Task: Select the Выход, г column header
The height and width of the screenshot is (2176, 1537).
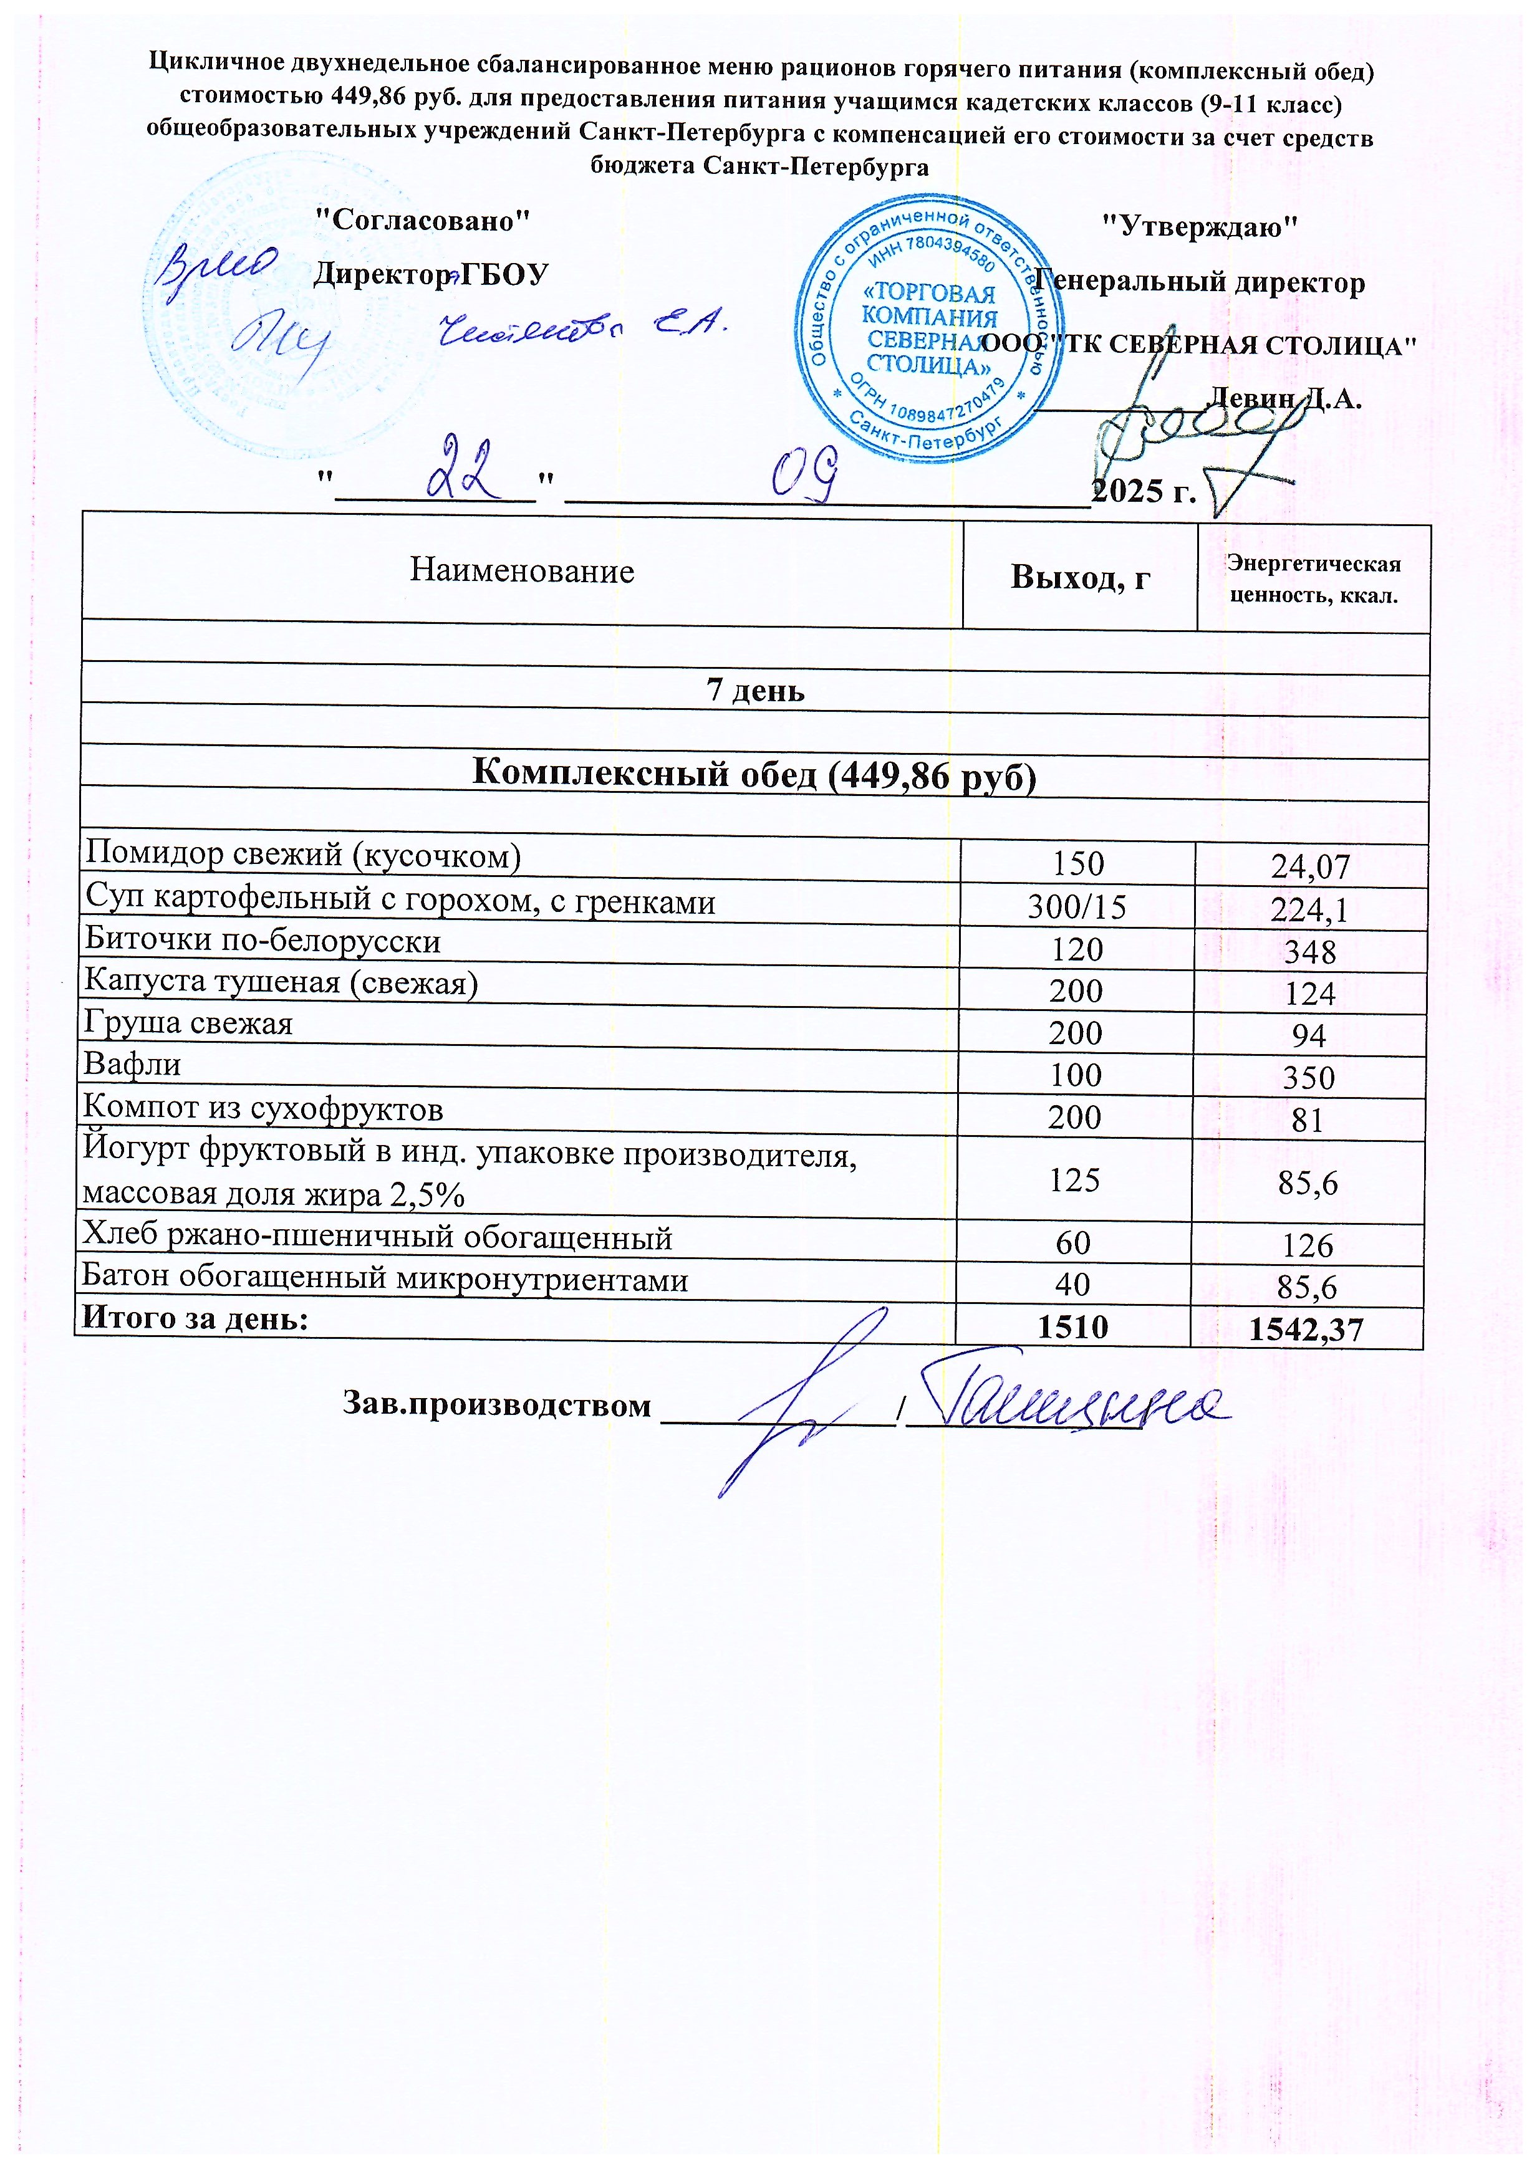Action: [x=1080, y=576]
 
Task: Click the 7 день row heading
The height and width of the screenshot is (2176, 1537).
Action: [x=756, y=691]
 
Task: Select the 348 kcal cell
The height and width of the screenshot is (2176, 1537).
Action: [x=1311, y=952]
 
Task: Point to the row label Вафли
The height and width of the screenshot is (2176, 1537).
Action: [x=133, y=1064]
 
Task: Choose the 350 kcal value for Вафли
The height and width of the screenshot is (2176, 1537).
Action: [x=1309, y=1078]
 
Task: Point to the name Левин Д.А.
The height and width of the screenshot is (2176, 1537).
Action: [x=1283, y=398]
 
